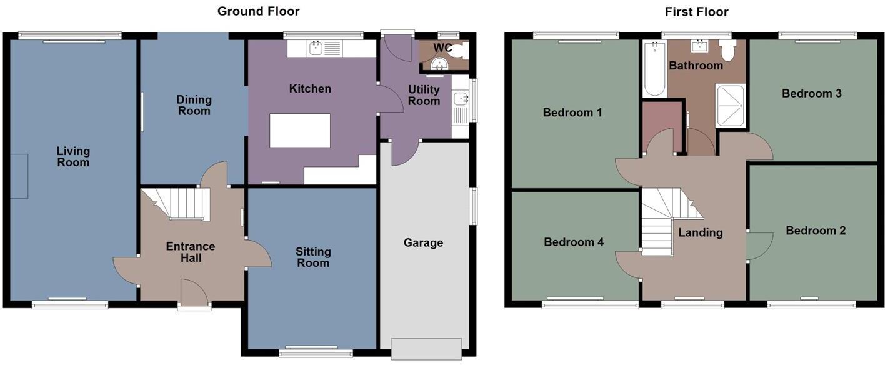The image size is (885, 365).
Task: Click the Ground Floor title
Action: point(258,11)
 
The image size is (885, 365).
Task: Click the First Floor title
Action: point(696,11)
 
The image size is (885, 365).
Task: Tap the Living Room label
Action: point(73,156)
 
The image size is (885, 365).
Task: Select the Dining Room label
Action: point(194,105)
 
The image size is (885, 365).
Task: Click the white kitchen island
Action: point(300,130)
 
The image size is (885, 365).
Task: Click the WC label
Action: point(442,48)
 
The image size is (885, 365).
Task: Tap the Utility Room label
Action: point(424,95)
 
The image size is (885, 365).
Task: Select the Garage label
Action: point(423,242)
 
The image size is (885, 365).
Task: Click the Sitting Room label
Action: point(313,257)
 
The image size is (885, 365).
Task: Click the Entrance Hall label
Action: point(191,252)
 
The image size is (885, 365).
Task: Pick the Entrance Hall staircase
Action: point(181,204)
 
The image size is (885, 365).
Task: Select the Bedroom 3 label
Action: point(811,93)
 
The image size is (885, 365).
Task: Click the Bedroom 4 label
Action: point(574,242)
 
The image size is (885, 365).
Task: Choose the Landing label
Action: point(701,232)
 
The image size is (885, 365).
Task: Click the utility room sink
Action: point(461,99)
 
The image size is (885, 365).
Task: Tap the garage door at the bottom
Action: point(426,348)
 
